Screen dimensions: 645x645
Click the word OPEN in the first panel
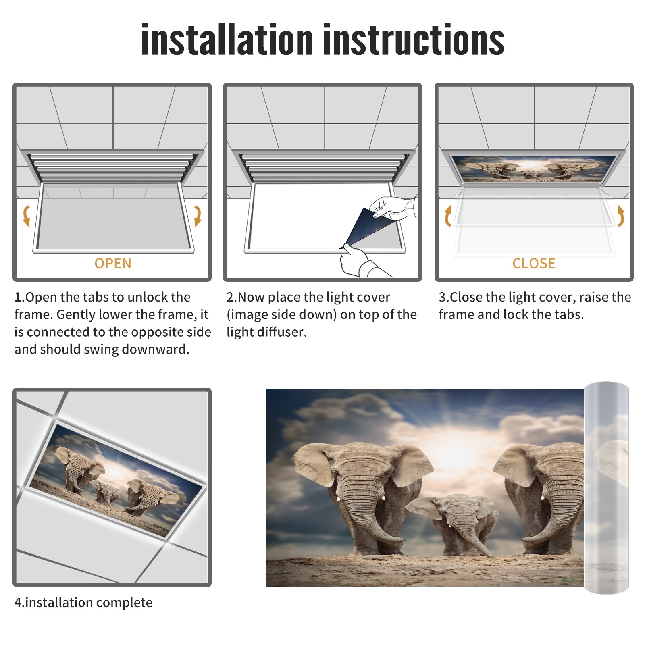click(113, 263)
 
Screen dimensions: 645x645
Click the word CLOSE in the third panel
click(534, 263)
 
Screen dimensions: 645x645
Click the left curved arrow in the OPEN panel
click(26, 216)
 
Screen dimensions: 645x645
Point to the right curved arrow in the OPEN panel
click(198, 216)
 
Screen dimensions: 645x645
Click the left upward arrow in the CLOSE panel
click(448, 216)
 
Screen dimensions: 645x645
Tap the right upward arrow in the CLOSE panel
click(621, 216)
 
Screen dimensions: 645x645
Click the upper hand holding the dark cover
click(393, 208)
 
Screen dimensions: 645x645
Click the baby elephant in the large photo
click(454, 524)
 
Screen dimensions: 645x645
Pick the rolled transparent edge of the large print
click(607, 488)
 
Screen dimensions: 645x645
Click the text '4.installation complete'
click(83, 603)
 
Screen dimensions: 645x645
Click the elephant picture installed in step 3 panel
click(534, 168)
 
